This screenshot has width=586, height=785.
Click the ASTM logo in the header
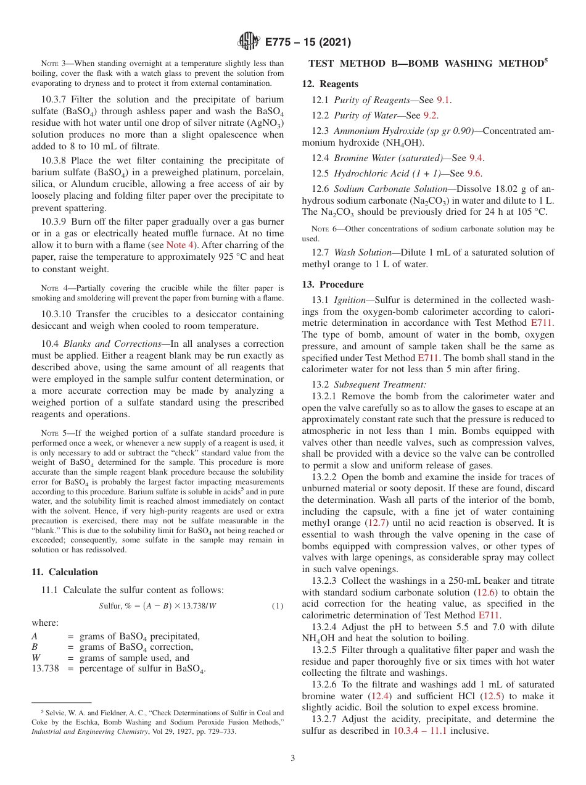[x=249, y=42]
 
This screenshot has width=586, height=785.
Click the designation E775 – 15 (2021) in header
[x=308, y=43]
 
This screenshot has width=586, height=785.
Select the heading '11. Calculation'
[x=64, y=572]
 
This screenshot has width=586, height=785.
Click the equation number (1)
[x=278, y=605]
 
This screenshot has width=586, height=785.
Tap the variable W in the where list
[x=36, y=658]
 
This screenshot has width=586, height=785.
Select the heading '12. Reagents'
[x=330, y=84]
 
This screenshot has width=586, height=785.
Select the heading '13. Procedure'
[x=332, y=285]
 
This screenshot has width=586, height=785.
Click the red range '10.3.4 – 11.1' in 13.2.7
[x=420, y=731]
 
